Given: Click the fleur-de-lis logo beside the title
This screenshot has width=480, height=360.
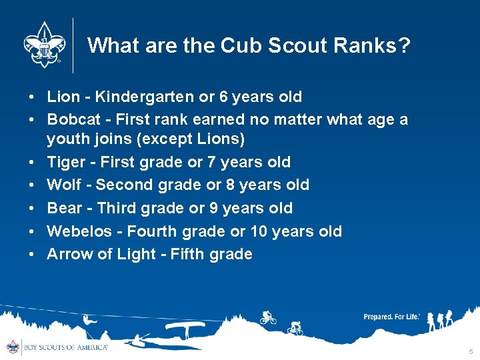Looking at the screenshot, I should coord(43,45).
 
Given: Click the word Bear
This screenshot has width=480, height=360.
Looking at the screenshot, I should coord(65,208).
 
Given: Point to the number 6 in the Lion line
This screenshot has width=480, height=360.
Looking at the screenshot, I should coord(223,97).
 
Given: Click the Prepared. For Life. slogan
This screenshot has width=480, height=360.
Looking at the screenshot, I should coord(391,317).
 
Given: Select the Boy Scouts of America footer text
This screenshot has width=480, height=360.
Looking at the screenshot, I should coord(65,347).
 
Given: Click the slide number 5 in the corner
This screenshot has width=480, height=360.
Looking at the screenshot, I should coord(471,351).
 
